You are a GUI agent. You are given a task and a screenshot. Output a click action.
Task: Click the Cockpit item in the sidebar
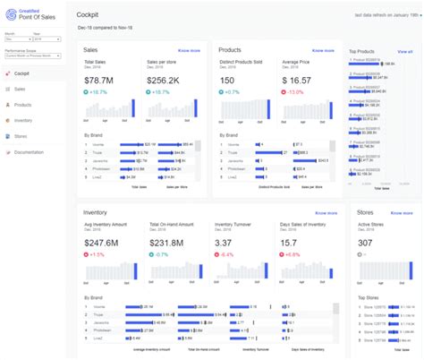[23, 73]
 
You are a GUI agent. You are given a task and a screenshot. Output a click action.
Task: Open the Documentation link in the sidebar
[29, 153]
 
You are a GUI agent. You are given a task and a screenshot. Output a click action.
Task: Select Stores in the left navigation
[21, 137]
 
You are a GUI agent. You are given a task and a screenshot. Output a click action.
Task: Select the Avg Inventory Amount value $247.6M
[101, 243]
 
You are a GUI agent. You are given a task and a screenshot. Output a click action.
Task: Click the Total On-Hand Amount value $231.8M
[167, 243]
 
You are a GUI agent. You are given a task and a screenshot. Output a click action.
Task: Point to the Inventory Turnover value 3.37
[224, 243]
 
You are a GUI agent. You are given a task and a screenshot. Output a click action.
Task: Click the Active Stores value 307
[366, 243]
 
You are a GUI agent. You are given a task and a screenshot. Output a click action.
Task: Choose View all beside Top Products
[404, 52]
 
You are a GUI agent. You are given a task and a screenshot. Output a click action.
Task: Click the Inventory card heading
[96, 213]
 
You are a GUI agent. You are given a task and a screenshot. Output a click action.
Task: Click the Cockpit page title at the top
[88, 16]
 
